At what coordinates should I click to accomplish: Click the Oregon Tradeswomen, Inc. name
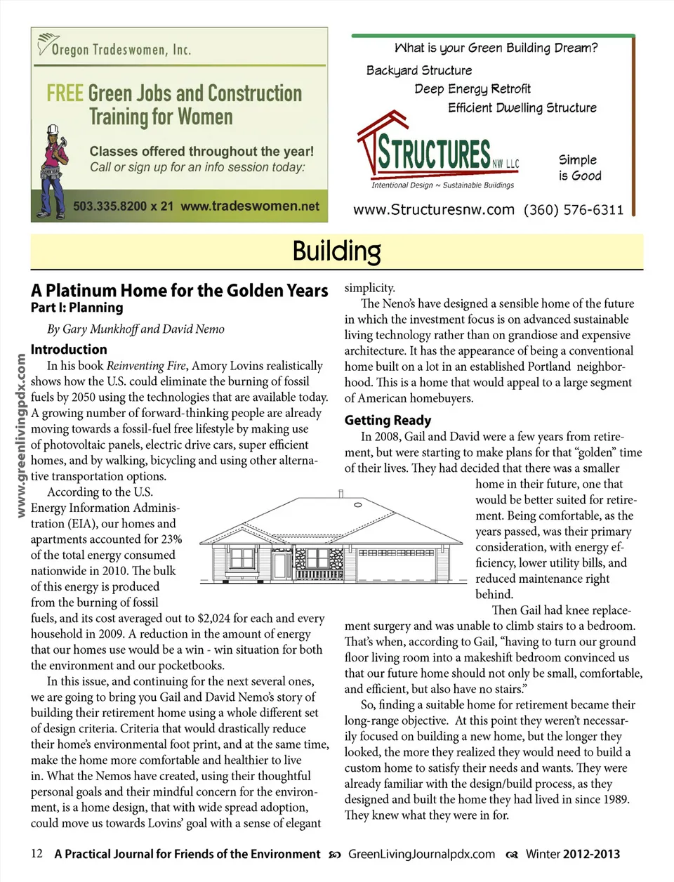[121, 49]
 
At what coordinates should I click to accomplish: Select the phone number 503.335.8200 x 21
[123, 206]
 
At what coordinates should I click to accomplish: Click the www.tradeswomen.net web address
[250, 206]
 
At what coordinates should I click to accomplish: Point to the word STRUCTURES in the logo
[434, 153]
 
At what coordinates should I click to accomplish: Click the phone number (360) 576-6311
[573, 210]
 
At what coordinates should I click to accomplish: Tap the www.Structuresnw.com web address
[433, 210]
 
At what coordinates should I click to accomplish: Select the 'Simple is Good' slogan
[579, 168]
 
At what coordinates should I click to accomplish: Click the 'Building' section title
[336, 251]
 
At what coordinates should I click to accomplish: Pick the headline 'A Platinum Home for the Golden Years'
[179, 291]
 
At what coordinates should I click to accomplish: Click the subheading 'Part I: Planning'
[77, 308]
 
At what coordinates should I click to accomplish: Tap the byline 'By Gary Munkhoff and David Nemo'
[136, 329]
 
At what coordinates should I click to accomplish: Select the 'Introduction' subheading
[69, 349]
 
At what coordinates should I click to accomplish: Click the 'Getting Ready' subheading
[388, 420]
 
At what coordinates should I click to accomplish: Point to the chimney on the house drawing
[341, 493]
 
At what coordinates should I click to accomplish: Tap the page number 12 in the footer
[37, 854]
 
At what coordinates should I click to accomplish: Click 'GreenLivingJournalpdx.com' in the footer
[421, 854]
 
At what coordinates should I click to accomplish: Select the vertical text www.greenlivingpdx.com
[21, 435]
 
